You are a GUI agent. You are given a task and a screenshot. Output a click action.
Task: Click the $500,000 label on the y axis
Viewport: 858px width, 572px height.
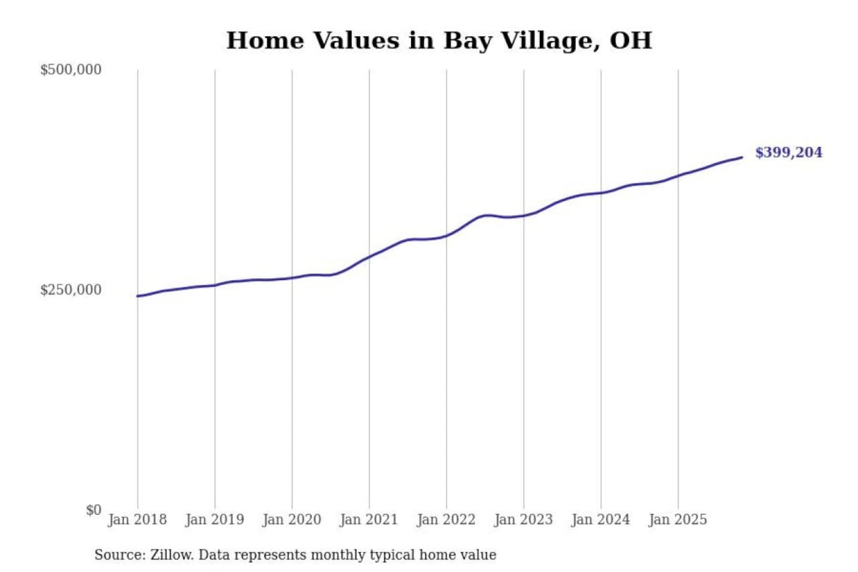click(70, 70)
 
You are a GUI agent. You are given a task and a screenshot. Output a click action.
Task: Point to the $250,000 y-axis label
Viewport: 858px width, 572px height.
click(70, 290)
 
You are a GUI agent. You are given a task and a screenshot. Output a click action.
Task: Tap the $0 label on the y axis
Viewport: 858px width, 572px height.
click(94, 510)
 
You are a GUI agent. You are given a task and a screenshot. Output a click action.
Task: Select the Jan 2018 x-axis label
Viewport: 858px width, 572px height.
click(137, 520)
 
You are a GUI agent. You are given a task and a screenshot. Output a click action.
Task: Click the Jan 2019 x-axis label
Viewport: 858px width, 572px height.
click(214, 520)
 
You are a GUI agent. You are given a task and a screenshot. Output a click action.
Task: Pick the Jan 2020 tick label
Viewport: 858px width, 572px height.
click(291, 520)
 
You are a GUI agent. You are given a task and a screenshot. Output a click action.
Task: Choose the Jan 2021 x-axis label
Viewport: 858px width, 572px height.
click(369, 520)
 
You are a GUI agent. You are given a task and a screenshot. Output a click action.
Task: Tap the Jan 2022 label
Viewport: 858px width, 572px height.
click(446, 520)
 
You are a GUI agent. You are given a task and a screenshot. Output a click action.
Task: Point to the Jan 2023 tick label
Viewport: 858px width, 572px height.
click(523, 520)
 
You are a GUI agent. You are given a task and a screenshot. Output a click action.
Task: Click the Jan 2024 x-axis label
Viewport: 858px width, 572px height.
click(600, 520)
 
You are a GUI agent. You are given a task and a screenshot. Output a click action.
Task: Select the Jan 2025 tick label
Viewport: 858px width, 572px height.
click(677, 520)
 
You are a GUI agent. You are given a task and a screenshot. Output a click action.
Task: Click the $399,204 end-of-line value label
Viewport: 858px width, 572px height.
click(788, 153)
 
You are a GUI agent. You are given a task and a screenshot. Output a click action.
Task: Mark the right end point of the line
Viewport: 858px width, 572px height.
click(742, 157)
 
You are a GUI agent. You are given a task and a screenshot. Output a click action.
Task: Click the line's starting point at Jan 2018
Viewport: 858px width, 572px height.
click(138, 296)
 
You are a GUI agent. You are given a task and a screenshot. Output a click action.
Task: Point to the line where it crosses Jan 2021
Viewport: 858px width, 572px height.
click(369, 257)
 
